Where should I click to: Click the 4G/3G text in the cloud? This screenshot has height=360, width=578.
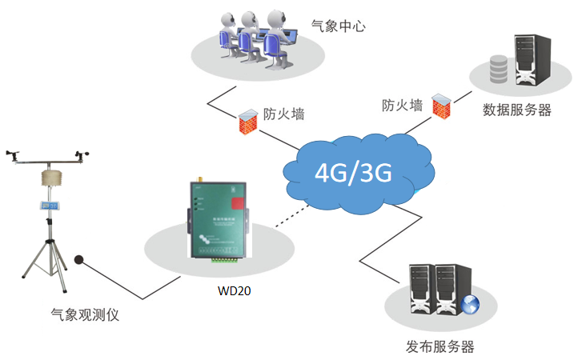pyautogui.click(x=353, y=172)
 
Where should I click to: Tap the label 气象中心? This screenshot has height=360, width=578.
pyautogui.click(x=339, y=26)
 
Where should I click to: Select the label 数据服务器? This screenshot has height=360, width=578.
pyautogui.click(x=517, y=110)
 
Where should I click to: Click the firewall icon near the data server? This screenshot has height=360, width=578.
pyautogui.click(x=439, y=105)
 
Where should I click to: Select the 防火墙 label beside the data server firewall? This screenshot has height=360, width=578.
pyautogui.click(x=402, y=105)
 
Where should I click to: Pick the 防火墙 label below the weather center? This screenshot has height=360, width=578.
pyautogui.click(x=284, y=114)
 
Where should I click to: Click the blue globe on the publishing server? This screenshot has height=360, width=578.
pyautogui.click(x=469, y=304)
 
